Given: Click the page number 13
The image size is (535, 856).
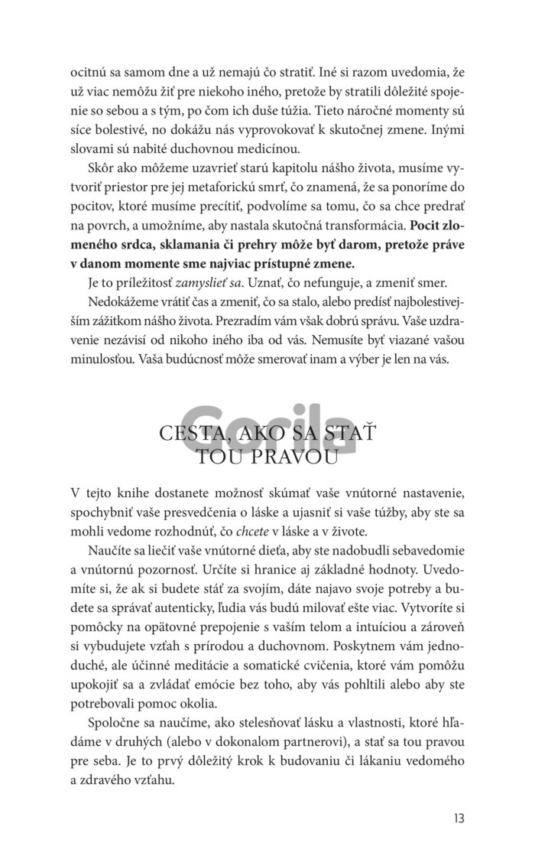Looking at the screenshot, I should pos(459,818).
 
